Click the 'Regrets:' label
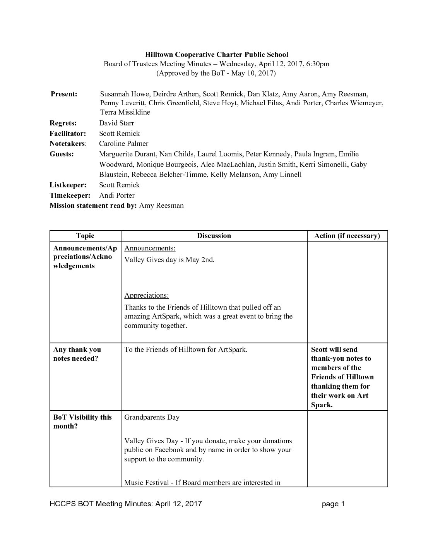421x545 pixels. click(63, 123)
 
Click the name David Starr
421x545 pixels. click(116, 123)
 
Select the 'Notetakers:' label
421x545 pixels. click(68, 144)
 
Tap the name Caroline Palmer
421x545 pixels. click(123, 144)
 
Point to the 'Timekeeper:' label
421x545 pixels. click(70, 195)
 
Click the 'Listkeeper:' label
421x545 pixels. click(68, 185)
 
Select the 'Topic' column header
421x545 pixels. click(85, 236)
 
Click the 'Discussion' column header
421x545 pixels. click(214, 236)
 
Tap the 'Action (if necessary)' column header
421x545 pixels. click(347, 236)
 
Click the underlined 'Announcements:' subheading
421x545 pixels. click(150, 248)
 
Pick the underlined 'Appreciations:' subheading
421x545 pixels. click(146, 295)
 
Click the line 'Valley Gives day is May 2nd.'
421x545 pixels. click(169, 260)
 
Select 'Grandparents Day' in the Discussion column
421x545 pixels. click(152, 417)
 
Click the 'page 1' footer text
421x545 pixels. click(333, 504)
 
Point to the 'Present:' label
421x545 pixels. click(64, 94)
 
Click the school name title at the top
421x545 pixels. click(216, 55)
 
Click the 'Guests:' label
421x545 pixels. click(62, 154)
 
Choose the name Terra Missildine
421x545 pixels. click(125, 112)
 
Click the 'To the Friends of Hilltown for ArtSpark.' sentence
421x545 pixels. click(186, 350)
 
